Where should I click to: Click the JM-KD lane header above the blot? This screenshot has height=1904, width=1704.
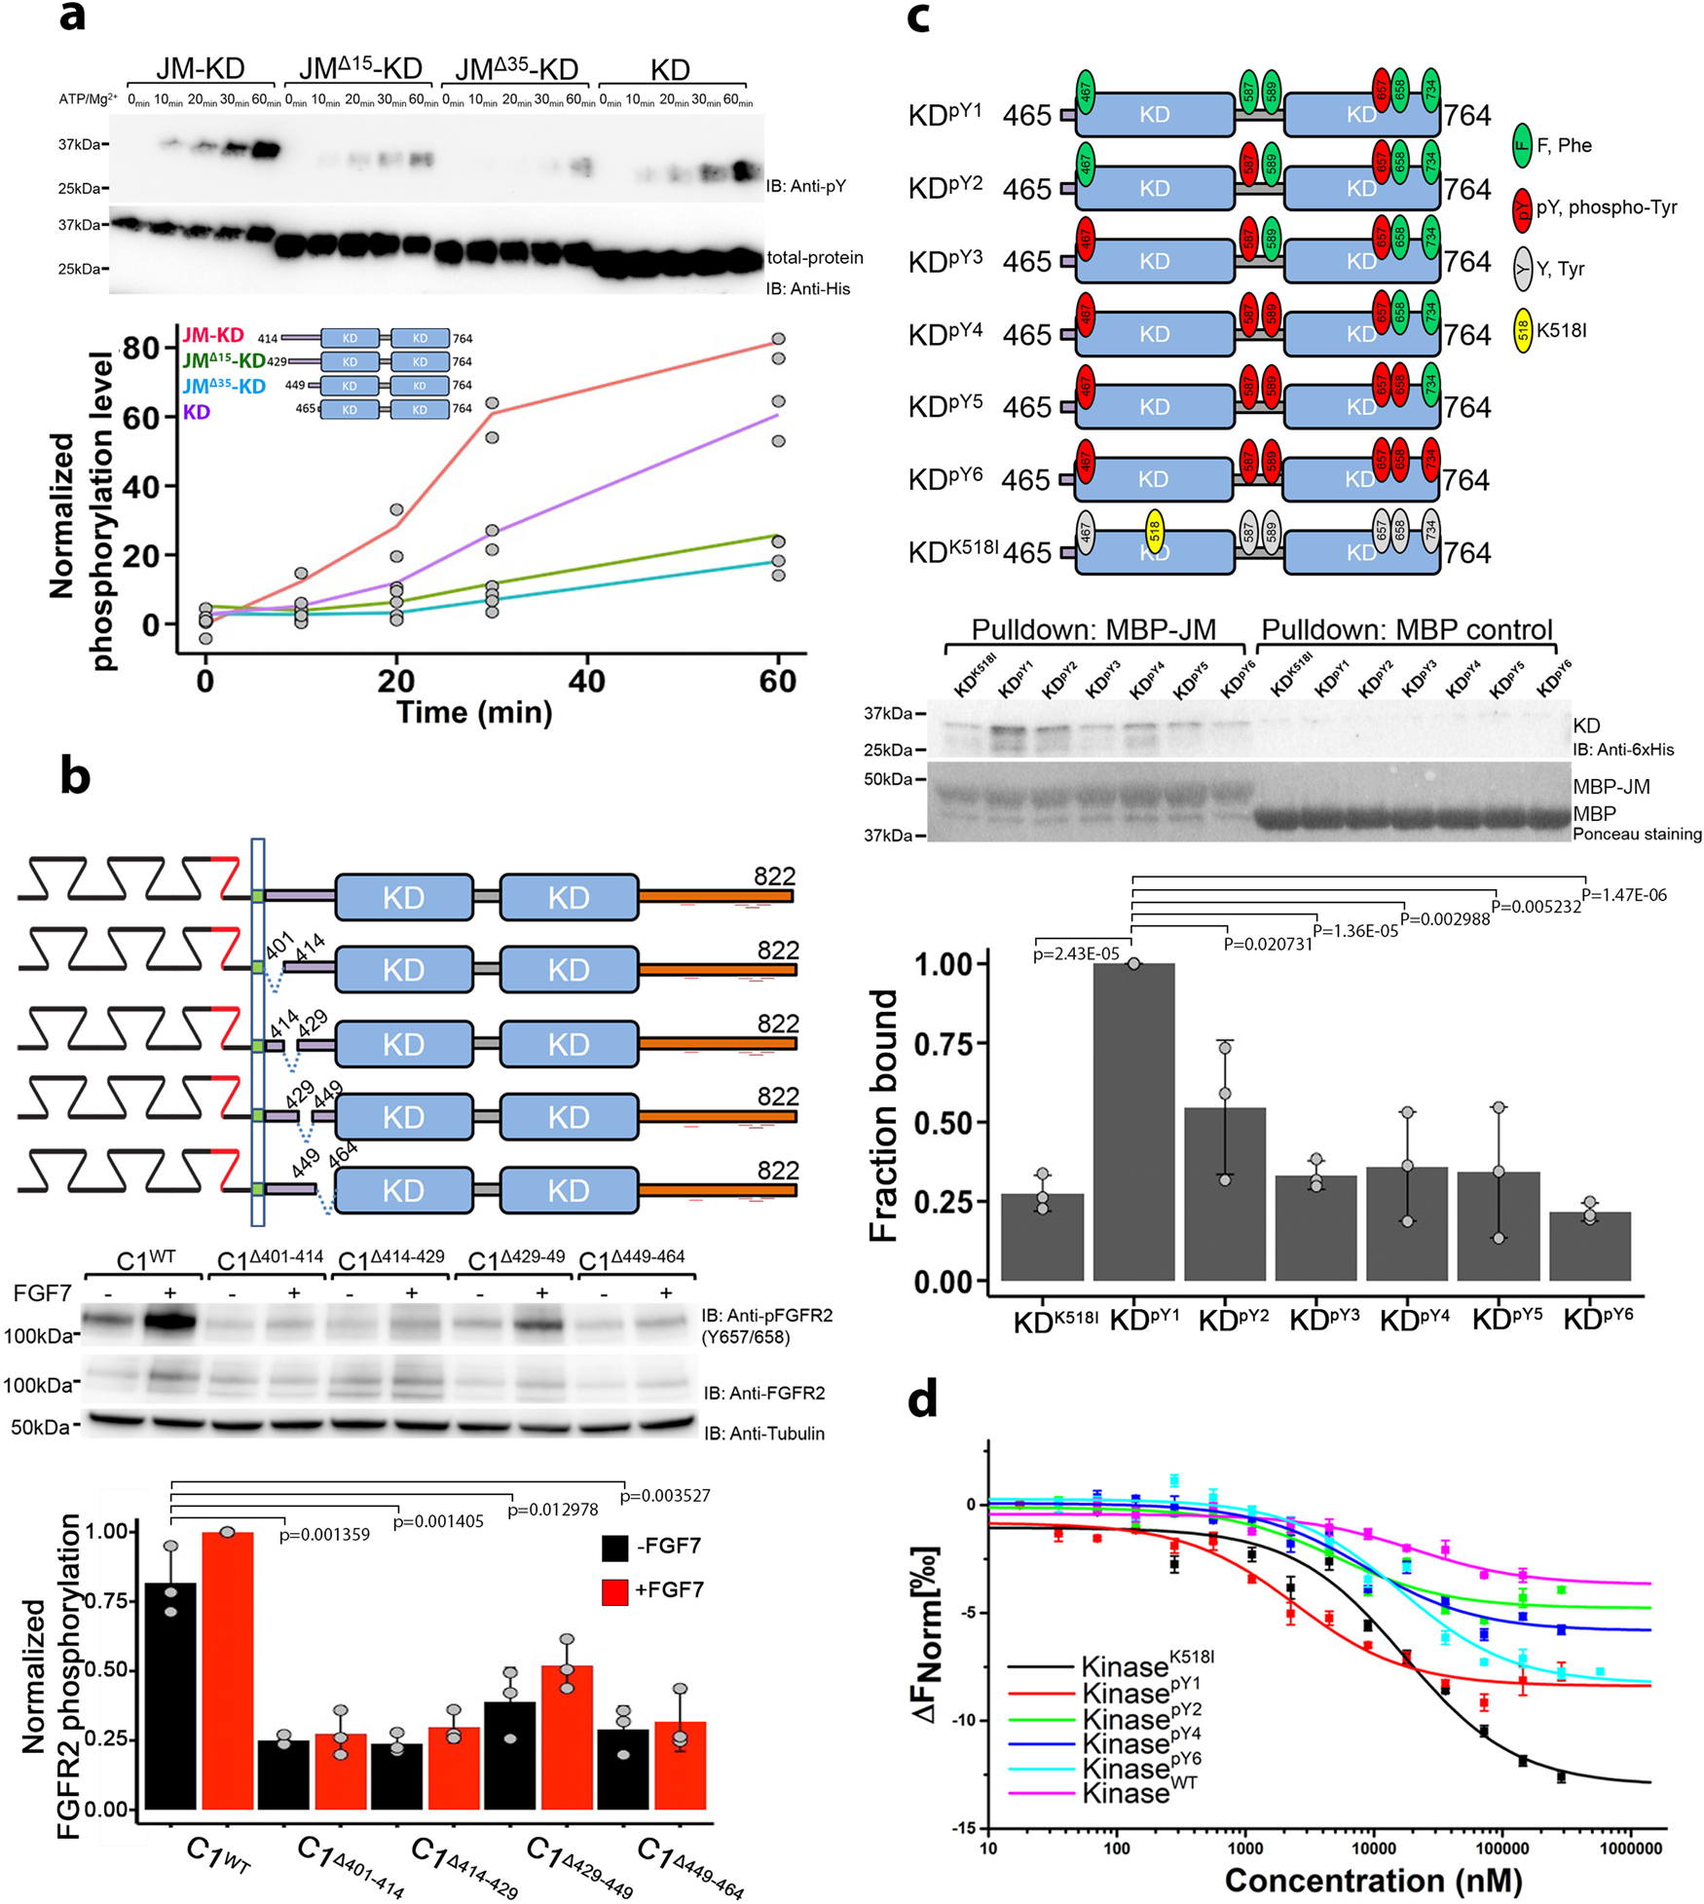201,68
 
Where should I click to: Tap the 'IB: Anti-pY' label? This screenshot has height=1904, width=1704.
805,186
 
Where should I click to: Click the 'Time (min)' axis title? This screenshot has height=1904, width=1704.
474,712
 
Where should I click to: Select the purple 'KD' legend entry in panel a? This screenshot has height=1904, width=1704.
196,412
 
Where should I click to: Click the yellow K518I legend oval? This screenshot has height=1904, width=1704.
1523,331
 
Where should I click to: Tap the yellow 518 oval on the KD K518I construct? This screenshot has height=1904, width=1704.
1155,533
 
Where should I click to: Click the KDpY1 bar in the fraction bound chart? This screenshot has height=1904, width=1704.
1133,1120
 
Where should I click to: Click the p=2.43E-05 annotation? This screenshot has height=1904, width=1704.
1076,954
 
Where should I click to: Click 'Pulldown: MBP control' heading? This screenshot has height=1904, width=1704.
1407,630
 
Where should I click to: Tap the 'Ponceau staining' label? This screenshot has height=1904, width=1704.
1637,834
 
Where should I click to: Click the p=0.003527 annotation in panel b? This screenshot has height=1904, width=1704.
665,1495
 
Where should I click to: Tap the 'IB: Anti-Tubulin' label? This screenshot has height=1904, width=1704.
764,1433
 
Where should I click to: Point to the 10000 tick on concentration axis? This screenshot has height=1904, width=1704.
1373,1848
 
